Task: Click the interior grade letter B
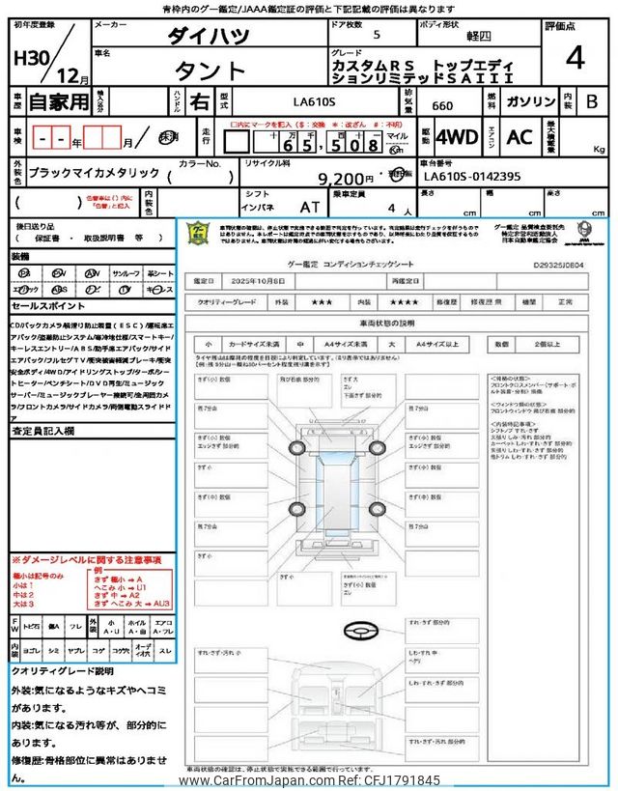[592, 101]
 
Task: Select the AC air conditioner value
[519, 138]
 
